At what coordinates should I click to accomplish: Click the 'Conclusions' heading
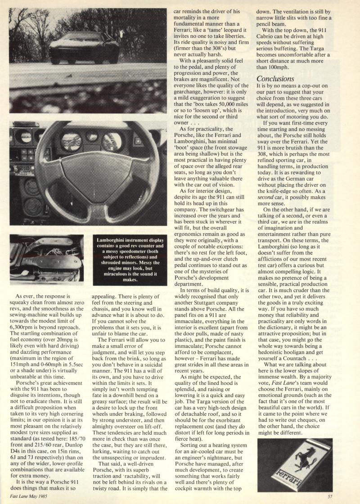[275, 79]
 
